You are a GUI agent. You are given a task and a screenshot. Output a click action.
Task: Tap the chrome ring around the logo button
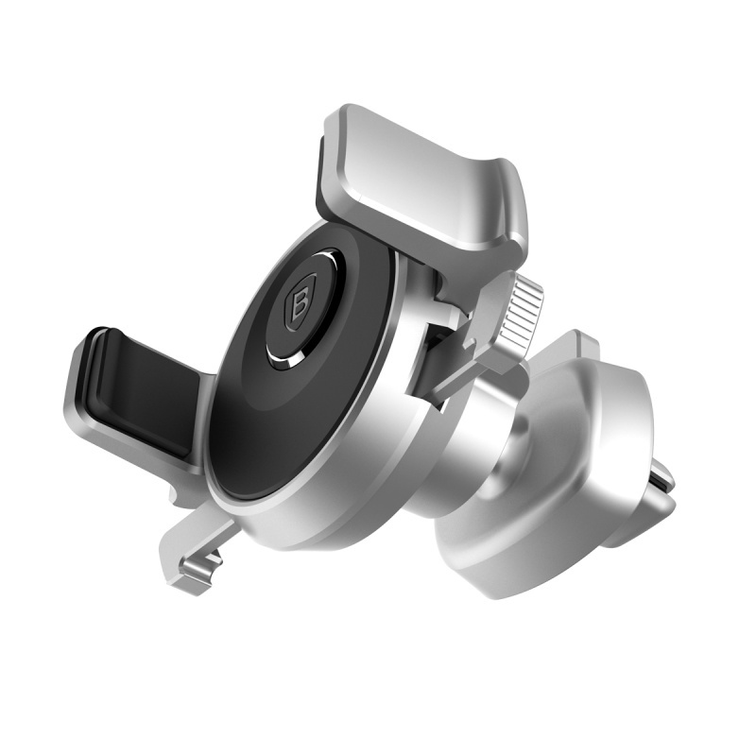[x=283, y=355]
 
